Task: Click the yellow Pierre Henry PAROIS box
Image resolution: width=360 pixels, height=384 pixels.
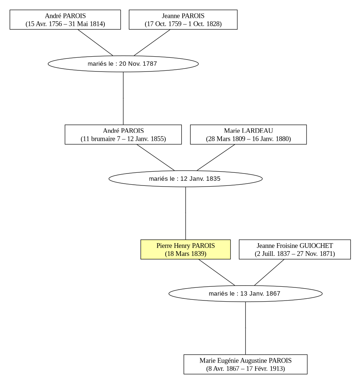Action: [x=185, y=249]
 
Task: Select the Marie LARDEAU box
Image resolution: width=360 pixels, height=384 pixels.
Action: [x=248, y=134]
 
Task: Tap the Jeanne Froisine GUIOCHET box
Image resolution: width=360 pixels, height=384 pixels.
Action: [x=295, y=249]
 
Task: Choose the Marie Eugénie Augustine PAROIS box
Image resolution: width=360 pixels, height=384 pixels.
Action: [x=245, y=364]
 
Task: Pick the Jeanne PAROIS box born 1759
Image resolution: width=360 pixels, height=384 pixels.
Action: [x=183, y=20]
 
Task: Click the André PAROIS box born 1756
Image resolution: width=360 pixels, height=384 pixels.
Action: [x=65, y=20]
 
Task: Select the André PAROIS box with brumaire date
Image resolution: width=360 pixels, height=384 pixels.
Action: [x=123, y=134]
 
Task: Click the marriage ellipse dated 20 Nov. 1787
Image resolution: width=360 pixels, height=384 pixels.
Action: [x=123, y=64]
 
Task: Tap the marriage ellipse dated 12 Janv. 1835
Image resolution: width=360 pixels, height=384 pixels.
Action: [x=185, y=179]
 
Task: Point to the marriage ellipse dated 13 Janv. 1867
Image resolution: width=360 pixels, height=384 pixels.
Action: [x=245, y=294]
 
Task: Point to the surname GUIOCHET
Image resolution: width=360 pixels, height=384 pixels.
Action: [x=316, y=246]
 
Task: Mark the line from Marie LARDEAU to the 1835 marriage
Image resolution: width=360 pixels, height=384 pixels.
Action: [x=216, y=158]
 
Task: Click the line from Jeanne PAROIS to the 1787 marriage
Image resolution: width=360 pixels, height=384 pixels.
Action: [x=152, y=42]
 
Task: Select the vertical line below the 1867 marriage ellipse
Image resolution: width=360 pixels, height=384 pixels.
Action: [x=245, y=328]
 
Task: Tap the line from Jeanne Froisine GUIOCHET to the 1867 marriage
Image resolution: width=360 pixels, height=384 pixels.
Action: [x=269, y=272]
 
